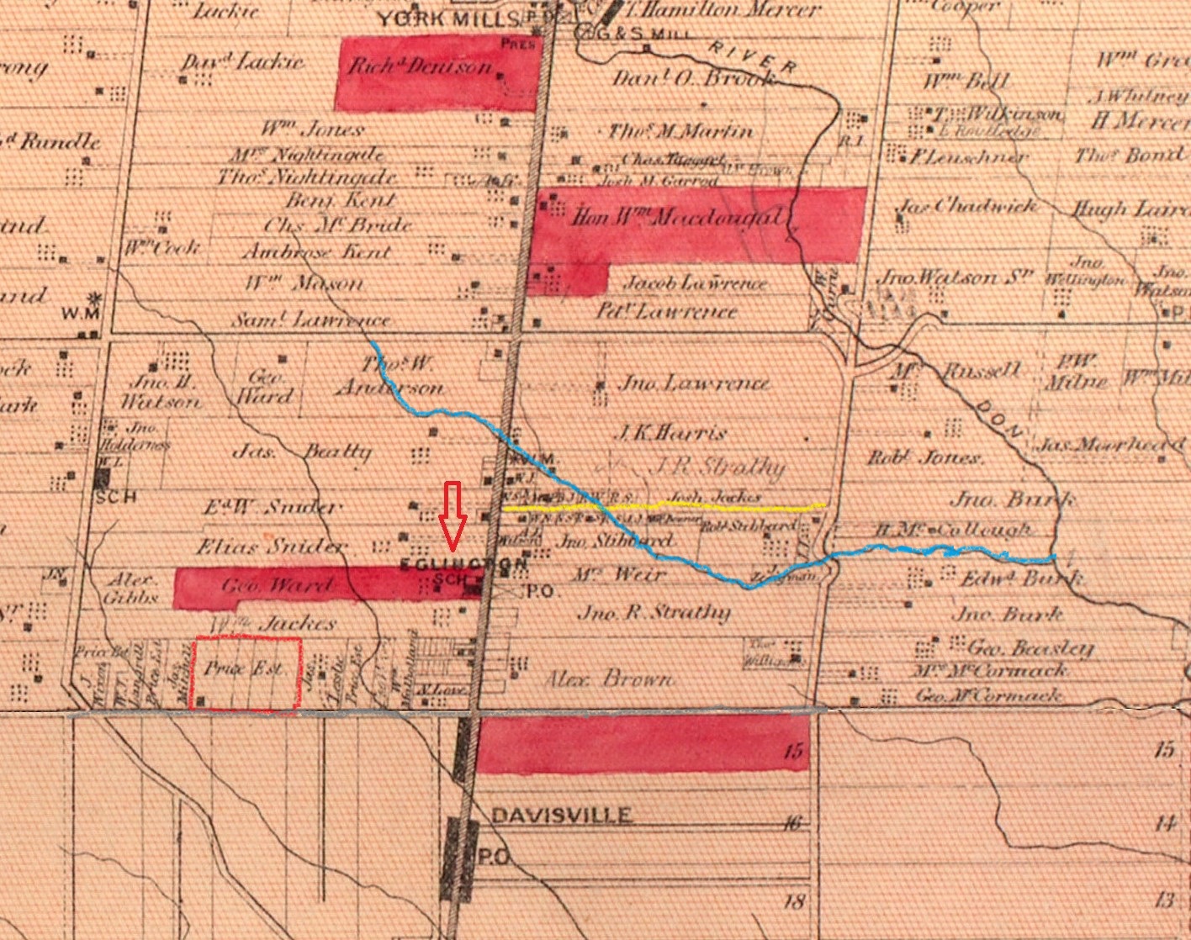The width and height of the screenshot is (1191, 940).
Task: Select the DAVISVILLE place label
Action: tap(561, 816)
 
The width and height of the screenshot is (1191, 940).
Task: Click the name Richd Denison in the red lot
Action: tap(420, 67)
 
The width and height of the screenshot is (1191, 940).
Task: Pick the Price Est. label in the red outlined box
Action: tap(243, 668)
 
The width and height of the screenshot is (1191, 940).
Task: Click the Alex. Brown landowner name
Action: tap(609, 679)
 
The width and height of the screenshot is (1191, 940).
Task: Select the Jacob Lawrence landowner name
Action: tap(695, 283)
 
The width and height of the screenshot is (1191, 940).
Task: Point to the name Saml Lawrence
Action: tap(310, 320)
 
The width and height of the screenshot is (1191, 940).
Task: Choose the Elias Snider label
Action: tap(271, 547)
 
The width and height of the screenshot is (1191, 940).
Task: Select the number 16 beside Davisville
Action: tap(792, 824)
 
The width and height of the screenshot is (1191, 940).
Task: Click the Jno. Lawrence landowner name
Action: tap(693, 384)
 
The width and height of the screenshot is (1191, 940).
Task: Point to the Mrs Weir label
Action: tap(630, 575)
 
